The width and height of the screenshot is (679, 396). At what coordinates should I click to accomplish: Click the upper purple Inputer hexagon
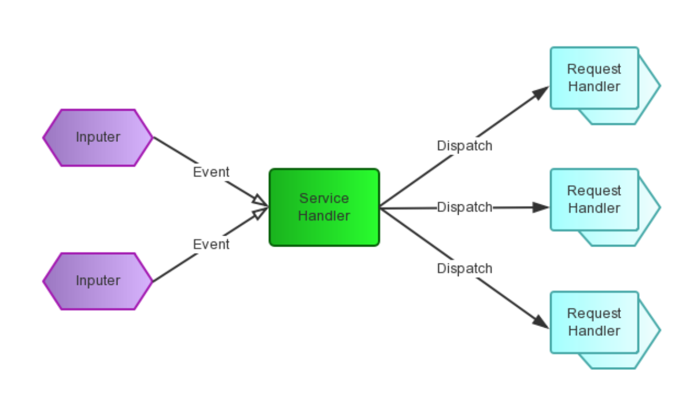click(x=98, y=138)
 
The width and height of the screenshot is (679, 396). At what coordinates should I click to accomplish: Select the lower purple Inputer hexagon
click(x=98, y=281)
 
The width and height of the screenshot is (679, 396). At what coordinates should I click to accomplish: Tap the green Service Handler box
click(x=324, y=207)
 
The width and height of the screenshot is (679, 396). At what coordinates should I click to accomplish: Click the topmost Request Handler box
click(x=594, y=78)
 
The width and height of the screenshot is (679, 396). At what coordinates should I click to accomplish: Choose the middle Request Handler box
click(x=594, y=200)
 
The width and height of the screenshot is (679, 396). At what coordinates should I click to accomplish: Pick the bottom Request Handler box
click(x=594, y=322)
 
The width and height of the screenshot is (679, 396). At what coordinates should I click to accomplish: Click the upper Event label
click(x=211, y=172)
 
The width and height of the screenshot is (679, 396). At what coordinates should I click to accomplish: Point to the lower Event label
click(x=211, y=244)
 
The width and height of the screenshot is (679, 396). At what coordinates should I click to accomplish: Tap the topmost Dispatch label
click(x=464, y=146)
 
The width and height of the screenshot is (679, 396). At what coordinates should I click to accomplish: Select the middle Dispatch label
click(x=464, y=207)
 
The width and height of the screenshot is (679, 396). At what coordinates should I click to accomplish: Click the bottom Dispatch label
click(x=464, y=269)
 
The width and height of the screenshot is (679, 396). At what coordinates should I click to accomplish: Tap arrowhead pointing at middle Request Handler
click(x=540, y=207)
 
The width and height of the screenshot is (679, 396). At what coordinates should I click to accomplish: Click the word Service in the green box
click(x=324, y=199)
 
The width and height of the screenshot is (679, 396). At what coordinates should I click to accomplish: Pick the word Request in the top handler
click(x=594, y=69)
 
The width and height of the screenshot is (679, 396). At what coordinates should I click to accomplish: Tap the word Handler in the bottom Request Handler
click(x=594, y=331)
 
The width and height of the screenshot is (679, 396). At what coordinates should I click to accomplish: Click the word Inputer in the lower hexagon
click(x=98, y=281)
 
